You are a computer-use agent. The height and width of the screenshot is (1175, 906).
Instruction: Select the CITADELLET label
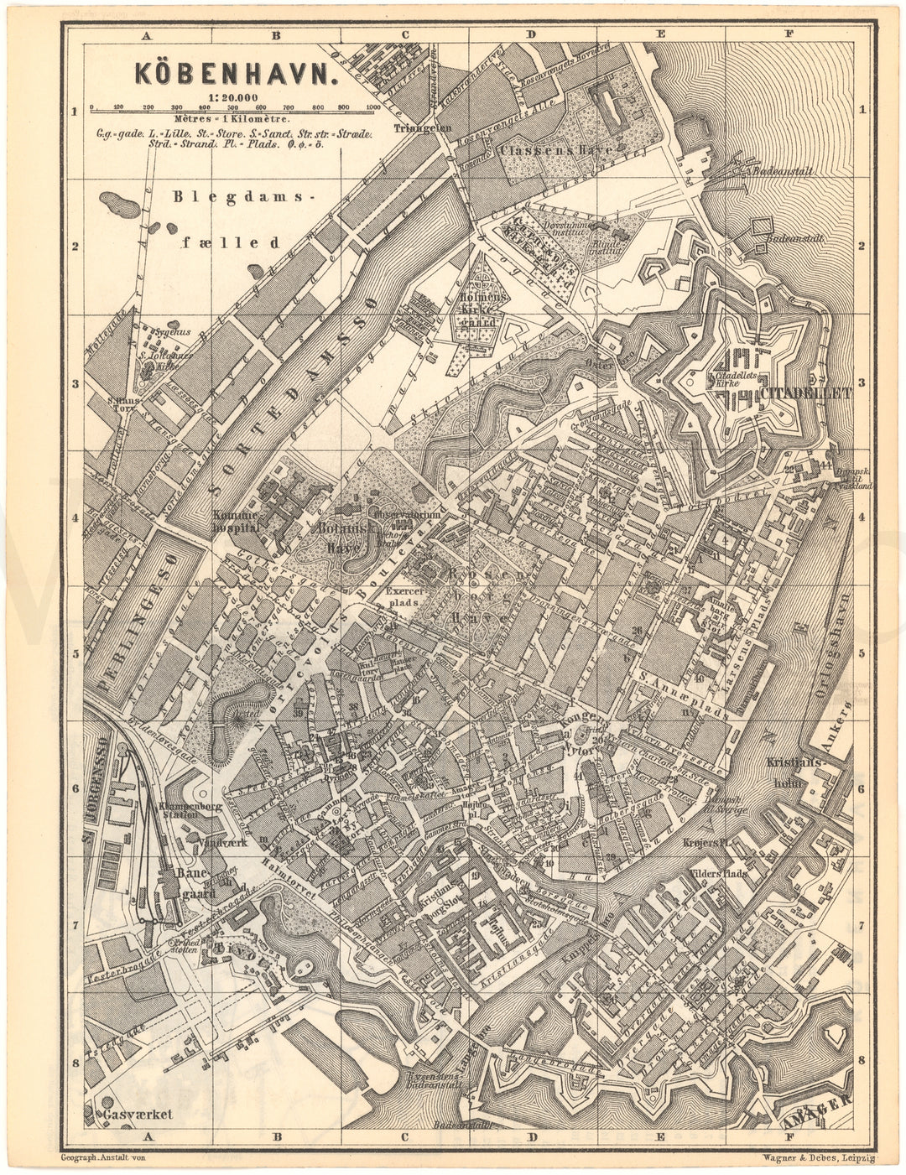click(804, 392)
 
